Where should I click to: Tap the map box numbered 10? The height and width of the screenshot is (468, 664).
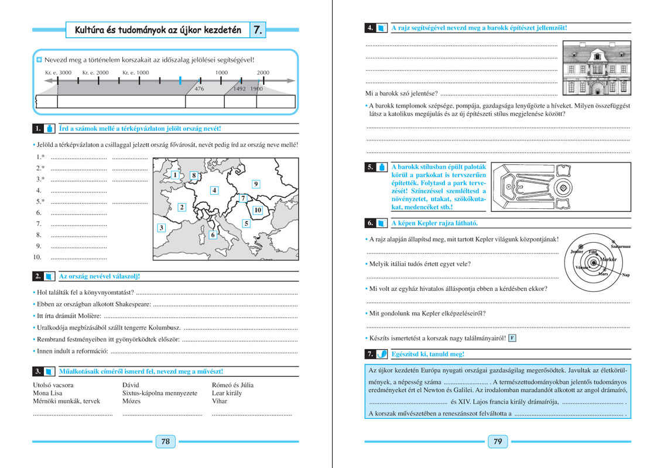point(258,209)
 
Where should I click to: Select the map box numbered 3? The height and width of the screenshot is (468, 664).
point(162,228)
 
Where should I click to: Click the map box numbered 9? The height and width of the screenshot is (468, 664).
point(256,184)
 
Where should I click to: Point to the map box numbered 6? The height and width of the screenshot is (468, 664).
point(213,235)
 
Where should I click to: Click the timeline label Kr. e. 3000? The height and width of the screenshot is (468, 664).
point(58,73)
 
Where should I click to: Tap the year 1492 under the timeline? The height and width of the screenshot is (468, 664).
point(239,89)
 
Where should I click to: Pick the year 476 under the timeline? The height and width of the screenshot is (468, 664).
point(200,89)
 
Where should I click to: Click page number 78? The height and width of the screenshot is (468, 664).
point(165,442)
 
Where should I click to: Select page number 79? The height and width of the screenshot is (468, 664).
point(498,442)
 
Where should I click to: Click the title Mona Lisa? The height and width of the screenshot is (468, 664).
point(48,393)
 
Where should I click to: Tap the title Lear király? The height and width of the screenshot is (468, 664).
point(227,393)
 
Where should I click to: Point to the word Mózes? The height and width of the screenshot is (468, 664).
point(132,401)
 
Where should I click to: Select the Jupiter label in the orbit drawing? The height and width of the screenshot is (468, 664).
point(577,252)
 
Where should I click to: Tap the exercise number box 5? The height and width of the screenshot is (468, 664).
point(370,167)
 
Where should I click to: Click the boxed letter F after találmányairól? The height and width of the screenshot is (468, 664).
point(512,338)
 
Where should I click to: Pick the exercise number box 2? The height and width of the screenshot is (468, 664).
point(37,276)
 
